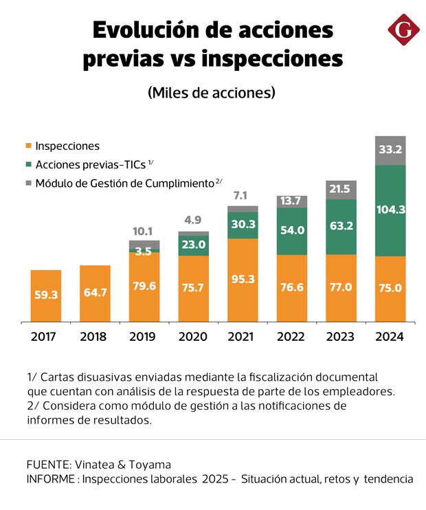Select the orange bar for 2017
46,296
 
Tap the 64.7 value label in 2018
95,292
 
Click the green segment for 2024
390,210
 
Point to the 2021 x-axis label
243,337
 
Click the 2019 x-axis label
144,337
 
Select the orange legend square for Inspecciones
28,146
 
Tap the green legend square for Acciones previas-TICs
28,165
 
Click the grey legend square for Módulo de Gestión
28,183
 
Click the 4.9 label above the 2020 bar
192,220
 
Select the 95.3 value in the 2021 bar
243,279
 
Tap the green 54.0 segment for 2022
292,230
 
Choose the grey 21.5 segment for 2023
341,190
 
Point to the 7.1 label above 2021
243,196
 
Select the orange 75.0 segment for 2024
390,288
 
